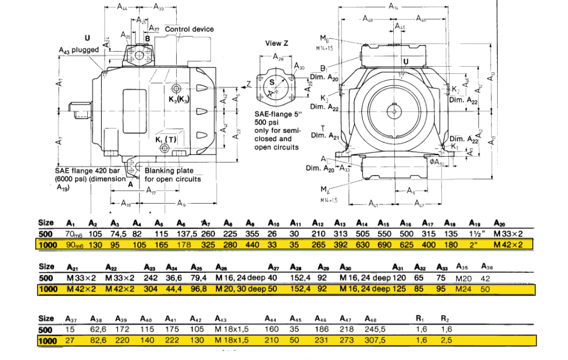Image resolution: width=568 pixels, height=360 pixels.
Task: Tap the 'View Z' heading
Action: coord(278,43)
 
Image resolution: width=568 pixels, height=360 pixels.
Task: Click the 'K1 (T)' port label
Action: coord(166,139)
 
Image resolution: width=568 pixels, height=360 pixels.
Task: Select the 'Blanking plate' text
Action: coord(163,171)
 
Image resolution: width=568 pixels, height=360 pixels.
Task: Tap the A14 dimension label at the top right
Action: coord(393,7)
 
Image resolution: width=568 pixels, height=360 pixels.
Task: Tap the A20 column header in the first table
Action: coord(499,222)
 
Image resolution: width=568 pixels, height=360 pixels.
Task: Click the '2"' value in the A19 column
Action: coord(474,245)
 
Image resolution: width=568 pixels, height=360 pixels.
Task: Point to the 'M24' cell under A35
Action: coord(463,289)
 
